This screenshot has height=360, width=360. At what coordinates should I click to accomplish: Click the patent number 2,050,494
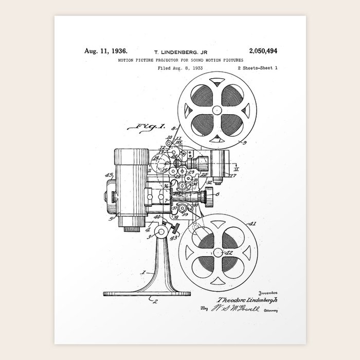262,51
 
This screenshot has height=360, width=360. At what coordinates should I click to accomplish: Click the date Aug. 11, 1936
105,51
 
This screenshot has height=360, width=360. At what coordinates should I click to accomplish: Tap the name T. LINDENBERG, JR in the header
180,52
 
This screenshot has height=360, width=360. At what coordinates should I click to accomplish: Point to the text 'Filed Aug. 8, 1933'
180,67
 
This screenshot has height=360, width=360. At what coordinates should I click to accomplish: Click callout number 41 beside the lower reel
252,224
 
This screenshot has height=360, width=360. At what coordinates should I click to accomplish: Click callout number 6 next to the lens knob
218,194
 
